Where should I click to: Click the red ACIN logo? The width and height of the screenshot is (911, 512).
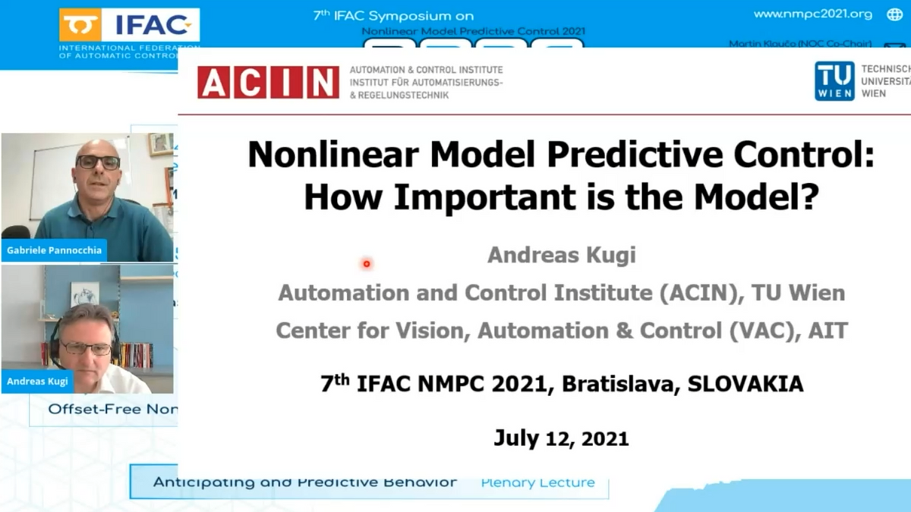268,82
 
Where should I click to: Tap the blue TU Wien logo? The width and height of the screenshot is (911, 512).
834,81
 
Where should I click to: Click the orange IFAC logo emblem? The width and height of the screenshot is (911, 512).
80,26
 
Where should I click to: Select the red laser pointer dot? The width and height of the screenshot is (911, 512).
367,264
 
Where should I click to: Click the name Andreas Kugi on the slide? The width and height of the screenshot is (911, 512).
561,255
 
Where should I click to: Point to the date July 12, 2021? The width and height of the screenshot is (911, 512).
561,438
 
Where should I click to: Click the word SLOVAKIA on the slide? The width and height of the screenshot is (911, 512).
745,384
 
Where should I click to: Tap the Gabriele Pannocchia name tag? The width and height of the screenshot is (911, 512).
54,250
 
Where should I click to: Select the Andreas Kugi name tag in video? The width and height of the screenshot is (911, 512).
37,381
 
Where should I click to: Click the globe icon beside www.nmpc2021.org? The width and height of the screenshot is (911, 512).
894,14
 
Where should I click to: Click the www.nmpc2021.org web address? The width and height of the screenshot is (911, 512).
812,14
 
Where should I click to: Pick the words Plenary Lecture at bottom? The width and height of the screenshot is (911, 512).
537,482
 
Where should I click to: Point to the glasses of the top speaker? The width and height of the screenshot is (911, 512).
98,162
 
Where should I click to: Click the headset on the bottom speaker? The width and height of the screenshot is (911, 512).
55,345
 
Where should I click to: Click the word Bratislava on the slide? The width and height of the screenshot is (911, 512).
621,384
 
